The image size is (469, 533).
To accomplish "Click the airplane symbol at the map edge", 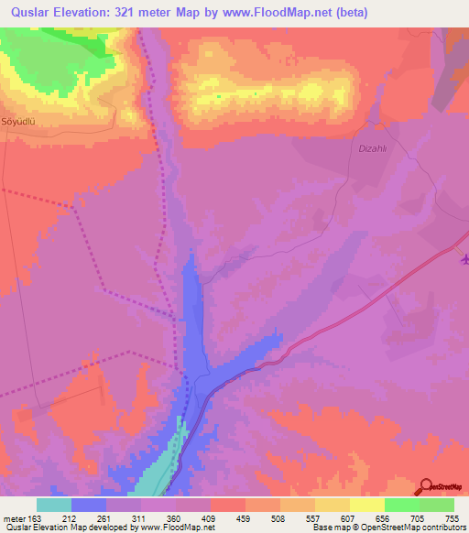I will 464,259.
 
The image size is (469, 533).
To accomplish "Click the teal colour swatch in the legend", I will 54,505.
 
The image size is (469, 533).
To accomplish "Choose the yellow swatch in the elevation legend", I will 366,505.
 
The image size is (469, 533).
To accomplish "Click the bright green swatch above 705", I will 401,505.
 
